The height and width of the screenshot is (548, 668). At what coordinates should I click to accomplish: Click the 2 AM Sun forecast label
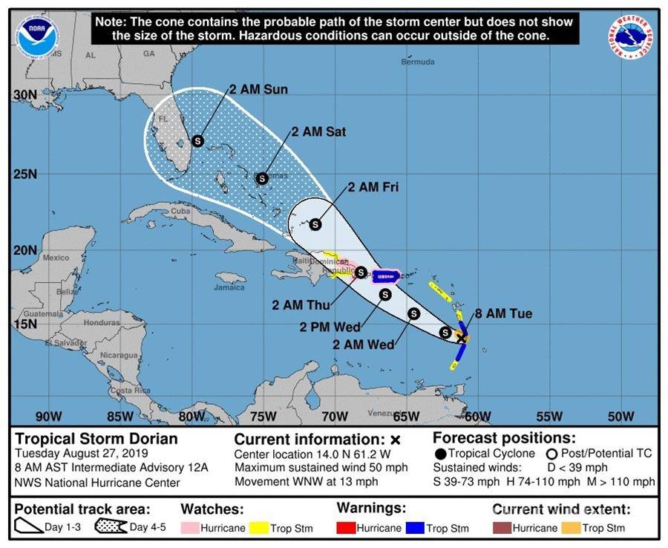point(258,90)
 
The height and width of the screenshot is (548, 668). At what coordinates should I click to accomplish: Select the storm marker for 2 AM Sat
point(262,178)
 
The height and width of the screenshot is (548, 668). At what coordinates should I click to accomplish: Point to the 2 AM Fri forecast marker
point(315,224)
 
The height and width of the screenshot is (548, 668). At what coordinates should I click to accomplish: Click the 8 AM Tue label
point(503,314)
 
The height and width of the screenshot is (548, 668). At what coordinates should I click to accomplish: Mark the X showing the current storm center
point(461,338)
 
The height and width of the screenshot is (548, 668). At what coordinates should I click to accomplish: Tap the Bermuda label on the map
point(418,62)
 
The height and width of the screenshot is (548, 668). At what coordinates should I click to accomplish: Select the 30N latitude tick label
point(24,95)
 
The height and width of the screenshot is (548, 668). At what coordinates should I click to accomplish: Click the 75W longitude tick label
point(263,416)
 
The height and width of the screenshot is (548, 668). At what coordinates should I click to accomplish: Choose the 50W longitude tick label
point(621,416)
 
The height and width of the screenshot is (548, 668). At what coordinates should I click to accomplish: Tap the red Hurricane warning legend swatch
point(346,528)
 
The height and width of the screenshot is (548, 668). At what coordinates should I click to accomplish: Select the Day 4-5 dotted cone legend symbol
point(110,527)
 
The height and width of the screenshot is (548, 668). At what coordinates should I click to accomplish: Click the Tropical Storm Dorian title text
point(96,439)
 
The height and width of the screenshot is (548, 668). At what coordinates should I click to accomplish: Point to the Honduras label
point(101,324)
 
